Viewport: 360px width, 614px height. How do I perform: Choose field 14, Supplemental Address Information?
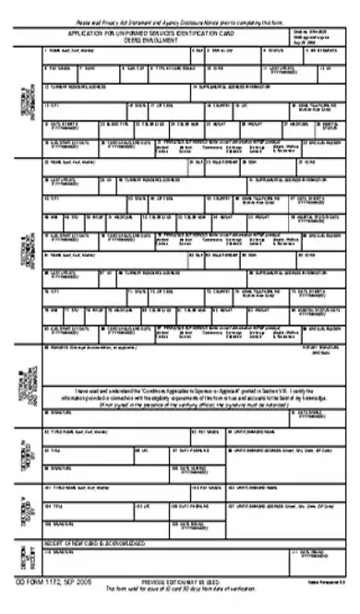pyautogui.click(x=268, y=90)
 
